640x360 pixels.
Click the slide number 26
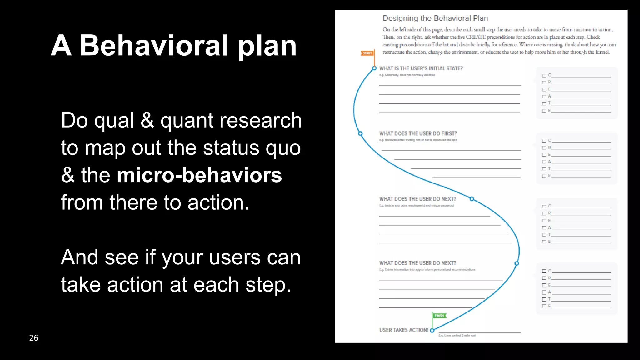point(34,338)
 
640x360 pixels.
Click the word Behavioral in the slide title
point(154,46)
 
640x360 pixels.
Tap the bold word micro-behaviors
point(199,175)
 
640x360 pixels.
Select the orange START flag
point(367,53)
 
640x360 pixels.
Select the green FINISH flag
point(439,316)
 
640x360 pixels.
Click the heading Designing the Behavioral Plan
point(435,18)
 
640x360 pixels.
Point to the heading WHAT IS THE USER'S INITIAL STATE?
point(421,68)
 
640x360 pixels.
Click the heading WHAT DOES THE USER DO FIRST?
point(418,133)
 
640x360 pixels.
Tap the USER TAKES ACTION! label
point(403,330)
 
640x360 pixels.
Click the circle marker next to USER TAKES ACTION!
point(432,330)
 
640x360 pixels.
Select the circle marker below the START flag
point(374,68)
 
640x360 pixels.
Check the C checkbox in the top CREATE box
point(544,76)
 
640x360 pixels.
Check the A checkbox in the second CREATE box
point(544,162)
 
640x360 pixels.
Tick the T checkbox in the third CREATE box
point(544,235)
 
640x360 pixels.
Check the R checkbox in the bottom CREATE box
point(544,278)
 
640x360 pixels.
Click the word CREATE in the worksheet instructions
point(476,37)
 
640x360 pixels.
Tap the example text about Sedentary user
point(407,75)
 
